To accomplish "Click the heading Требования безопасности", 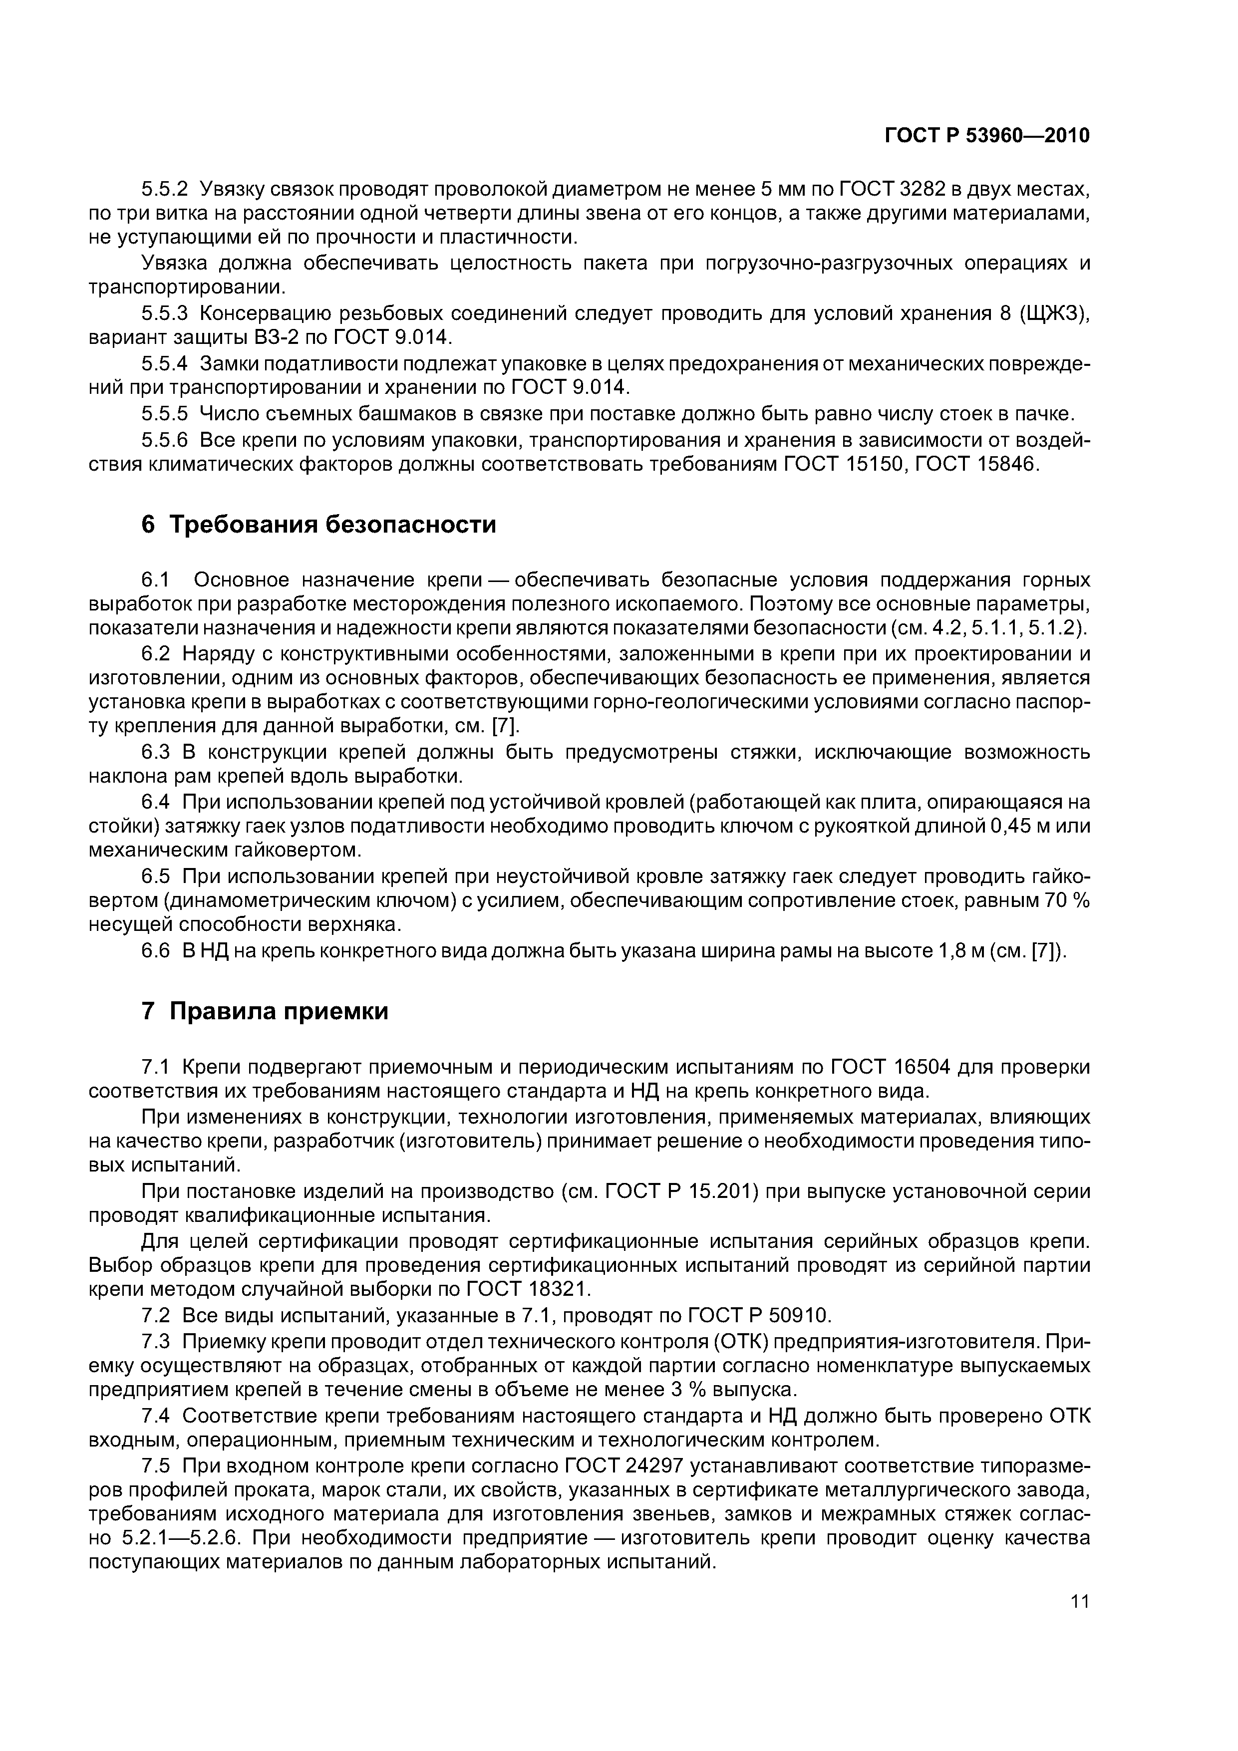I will [332, 525].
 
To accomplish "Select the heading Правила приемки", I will [279, 1011].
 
